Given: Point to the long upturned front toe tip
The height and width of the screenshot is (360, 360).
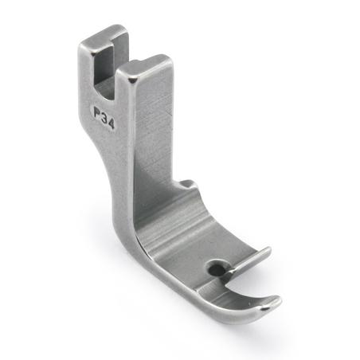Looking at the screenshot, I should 271,302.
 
